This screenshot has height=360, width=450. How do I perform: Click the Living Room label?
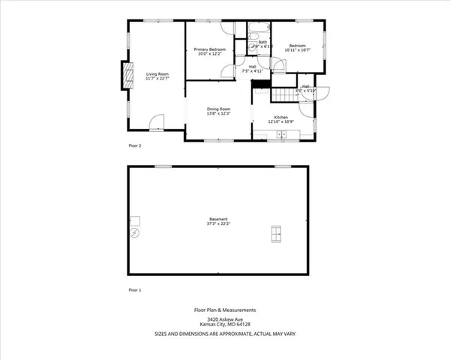click(x=157, y=73)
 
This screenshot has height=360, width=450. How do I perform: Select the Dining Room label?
click(x=219, y=109)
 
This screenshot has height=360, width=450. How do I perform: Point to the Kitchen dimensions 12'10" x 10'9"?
click(x=281, y=121)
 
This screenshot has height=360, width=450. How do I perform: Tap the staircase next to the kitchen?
click(x=283, y=95)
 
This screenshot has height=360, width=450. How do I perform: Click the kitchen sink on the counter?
click(x=280, y=135)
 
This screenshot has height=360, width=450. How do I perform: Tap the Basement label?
click(x=218, y=219)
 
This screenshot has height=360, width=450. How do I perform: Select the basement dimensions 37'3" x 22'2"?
click(x=218, y=223)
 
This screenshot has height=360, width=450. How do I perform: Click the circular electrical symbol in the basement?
click(x=135, y=233)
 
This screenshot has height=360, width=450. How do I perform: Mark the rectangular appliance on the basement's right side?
click(x=276, y=234)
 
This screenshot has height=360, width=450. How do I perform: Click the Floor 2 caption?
click(x=134, y=145)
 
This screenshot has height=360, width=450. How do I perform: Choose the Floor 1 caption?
click(x=134, y=289)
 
